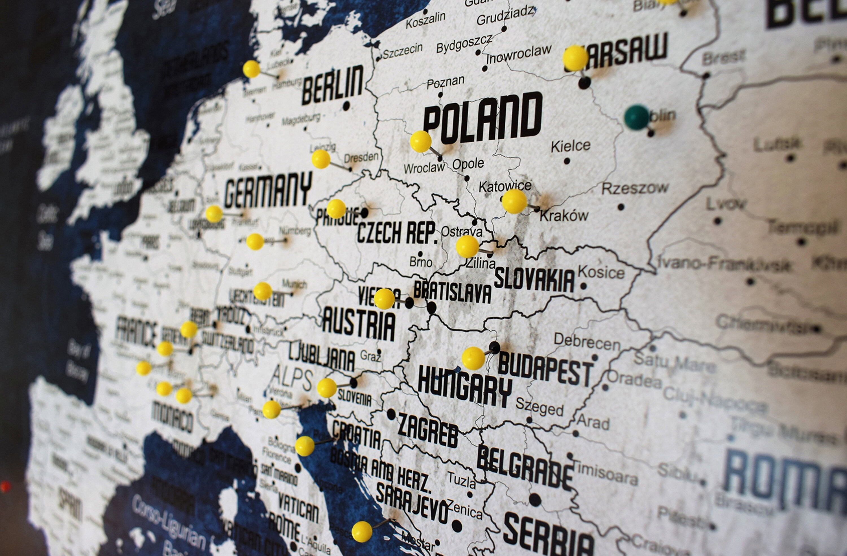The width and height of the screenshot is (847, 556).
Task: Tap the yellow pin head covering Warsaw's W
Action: (x=575, y=58)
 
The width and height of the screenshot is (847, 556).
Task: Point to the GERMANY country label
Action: (x=268, y=190)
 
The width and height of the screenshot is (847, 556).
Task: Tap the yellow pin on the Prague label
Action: (x=336, y=209)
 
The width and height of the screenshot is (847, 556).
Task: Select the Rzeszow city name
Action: (x=635, y=188)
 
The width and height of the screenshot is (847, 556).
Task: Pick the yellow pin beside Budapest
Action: (x=473, y=358)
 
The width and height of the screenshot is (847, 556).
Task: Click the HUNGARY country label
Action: (x=465, y=387)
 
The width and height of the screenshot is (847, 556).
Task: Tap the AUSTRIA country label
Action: (x=359, y=324)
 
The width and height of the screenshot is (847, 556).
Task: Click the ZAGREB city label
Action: (x=428, y=430)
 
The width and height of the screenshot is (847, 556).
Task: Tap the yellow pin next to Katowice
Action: (x=514, y=201)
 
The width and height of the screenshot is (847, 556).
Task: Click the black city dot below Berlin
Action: (x=346, y=106)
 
